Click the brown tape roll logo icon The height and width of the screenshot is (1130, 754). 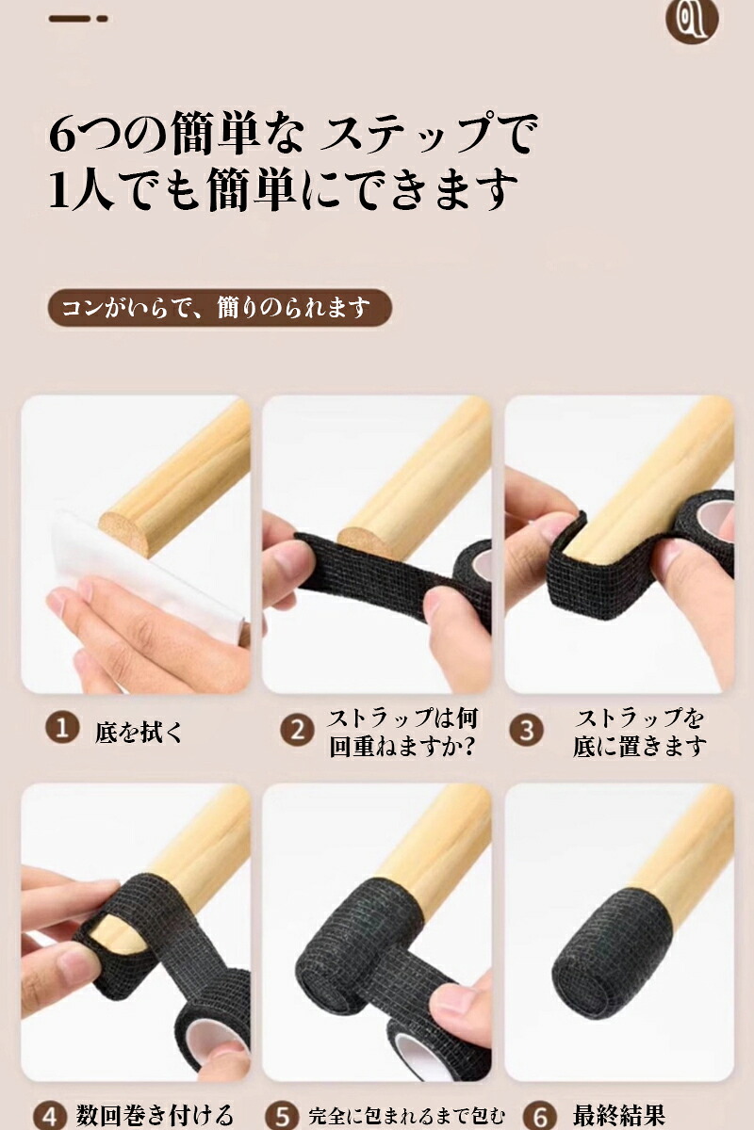click(x=693, y=19)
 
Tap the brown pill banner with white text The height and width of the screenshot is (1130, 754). click(x=220, y=308)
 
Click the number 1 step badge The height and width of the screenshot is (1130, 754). click(x=62, y=729)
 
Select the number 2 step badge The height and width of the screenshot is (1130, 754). click(x=298, y=730)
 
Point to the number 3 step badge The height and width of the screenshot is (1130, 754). click(x=527, y=730)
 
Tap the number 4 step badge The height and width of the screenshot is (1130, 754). click(x=50, y=1116)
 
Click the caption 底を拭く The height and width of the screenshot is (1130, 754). click(x=138, y=732)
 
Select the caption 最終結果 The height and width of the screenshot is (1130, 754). click(x=618, y=1113)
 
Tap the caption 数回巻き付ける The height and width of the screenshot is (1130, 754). click(x=155, y=1114)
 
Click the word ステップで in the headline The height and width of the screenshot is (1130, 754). click(x=429, y=134)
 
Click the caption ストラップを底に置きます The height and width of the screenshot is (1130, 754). click(x=638, y=733)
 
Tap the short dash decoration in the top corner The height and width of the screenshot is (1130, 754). click(x=78, y=19)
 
